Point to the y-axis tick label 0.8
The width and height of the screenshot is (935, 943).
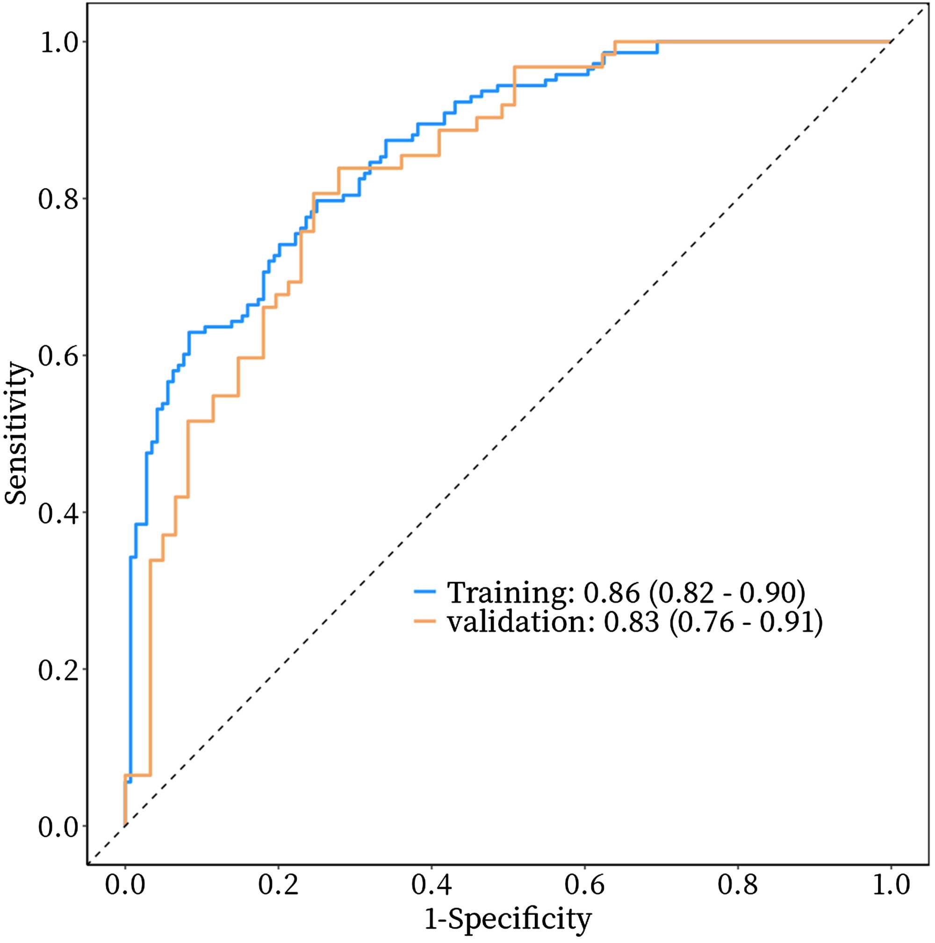pos(58,200)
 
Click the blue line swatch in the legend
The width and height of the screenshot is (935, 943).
pos(425,591)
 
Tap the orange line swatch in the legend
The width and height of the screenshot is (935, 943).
pos(425,621)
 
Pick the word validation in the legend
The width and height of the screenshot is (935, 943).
pos(520,623)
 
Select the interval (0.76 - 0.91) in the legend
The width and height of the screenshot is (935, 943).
pos(746,623)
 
